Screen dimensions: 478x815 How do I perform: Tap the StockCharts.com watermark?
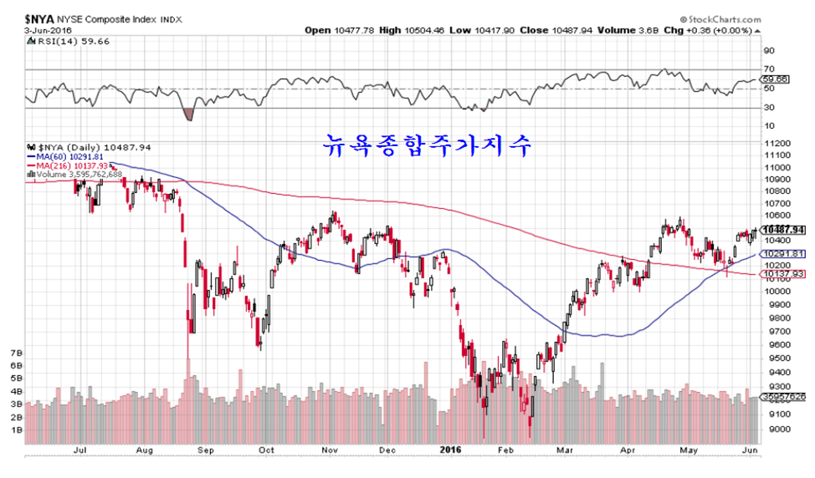[736, 18]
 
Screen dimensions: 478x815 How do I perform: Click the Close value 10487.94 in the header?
[572, 31]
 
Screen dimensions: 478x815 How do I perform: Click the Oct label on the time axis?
[267, 450]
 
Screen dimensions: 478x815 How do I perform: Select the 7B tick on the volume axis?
[16, 353]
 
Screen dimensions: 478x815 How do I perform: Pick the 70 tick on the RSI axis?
[767, 69]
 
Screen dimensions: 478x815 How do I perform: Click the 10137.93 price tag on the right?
[785, 273]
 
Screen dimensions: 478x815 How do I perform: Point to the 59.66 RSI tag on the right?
[777, 79]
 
